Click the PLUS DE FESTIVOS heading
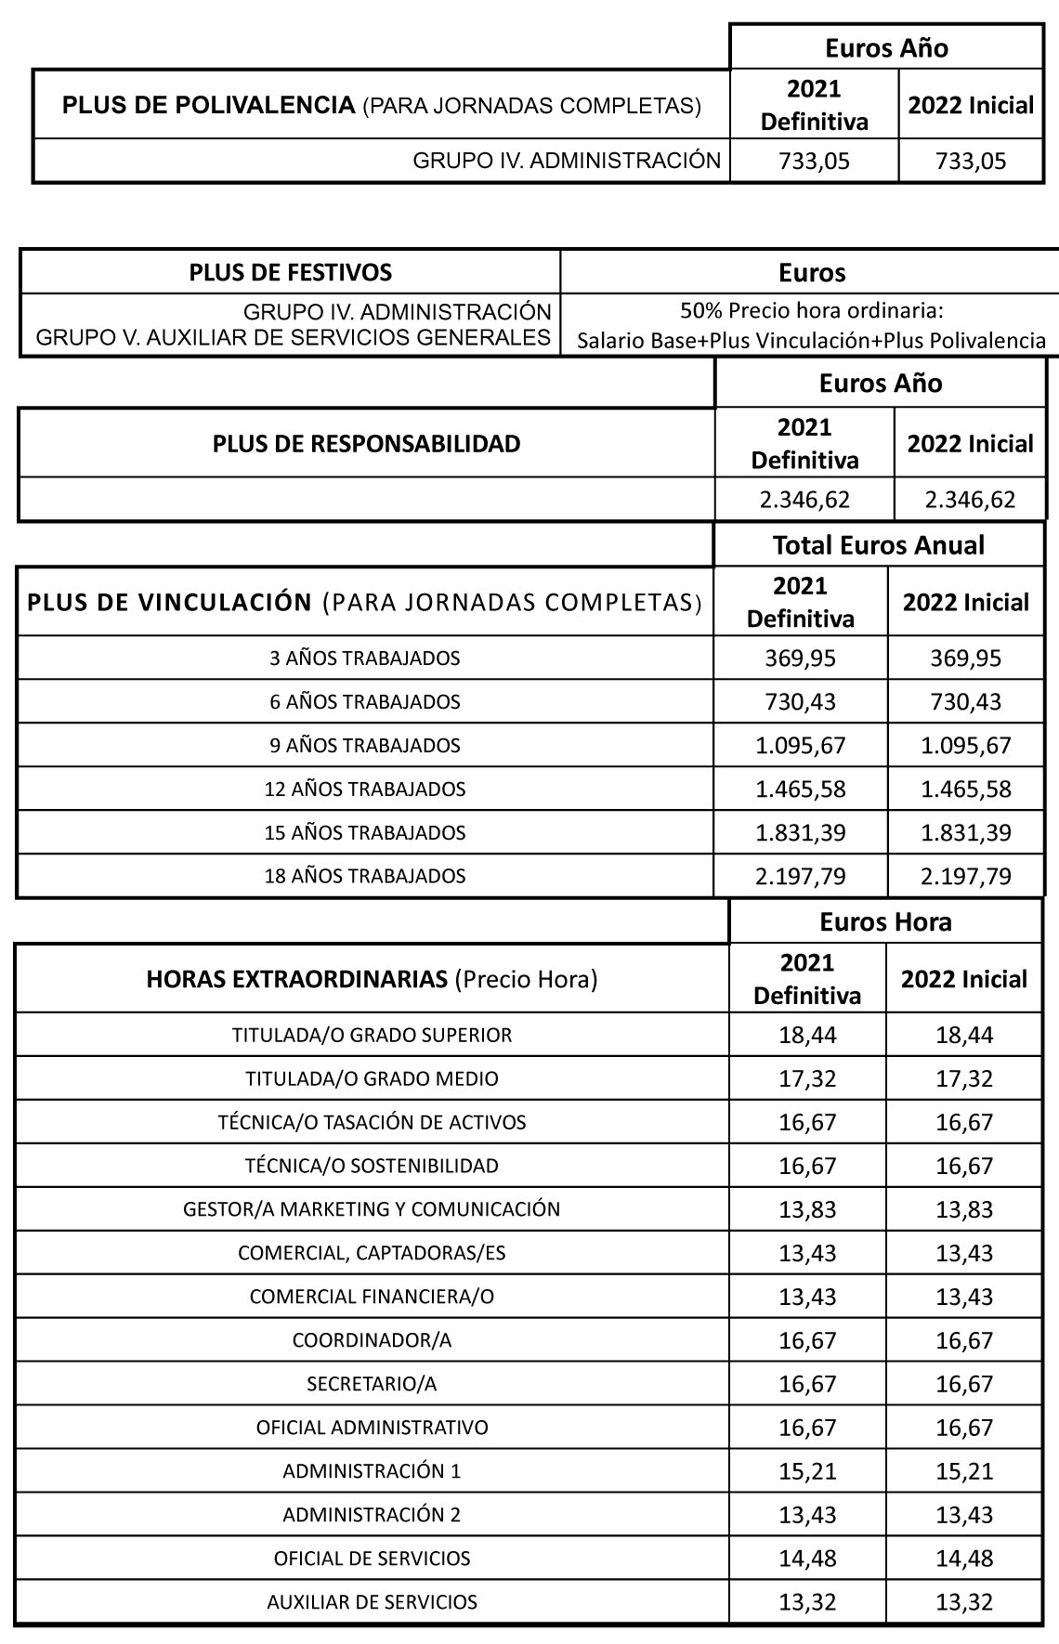pos(290,272)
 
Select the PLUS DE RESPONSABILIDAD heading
pos(366,443)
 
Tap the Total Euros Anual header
pos(878,544)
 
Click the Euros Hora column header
pos(885,921)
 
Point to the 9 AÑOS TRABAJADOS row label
pos(365,745)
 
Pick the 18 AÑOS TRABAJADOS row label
pos(365,876)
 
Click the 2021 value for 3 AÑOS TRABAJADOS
pos(800,659)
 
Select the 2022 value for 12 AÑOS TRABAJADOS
pos(965,789)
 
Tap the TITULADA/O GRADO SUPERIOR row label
pos(372,1035)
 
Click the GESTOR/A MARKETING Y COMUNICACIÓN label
pos(372,1209)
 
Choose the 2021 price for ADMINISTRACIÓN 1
pos(807,1471)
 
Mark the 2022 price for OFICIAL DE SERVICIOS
pos(964,1559)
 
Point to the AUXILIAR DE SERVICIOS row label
pos(372,1602)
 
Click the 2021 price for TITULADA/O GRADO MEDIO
pos(807,1078)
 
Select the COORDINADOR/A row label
pos(372,1340)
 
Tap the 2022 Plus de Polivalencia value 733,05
pos(971,161)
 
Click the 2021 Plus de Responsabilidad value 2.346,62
pos(804,500)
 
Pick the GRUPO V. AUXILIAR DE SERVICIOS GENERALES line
pos(294,338)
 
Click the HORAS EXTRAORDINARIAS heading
pos(372,979)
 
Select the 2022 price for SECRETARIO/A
pos(964,1384)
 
